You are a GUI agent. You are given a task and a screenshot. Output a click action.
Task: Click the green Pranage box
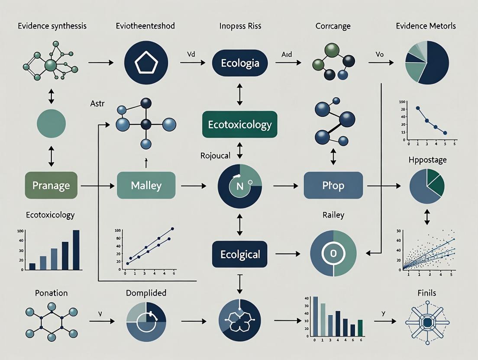(52, 186)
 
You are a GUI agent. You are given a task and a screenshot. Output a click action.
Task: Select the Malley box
(146, 186)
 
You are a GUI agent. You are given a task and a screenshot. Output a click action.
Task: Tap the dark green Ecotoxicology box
(239, 125)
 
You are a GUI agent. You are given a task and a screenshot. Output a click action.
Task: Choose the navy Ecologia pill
(240, 63)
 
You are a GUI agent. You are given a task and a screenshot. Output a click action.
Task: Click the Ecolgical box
(239, 254)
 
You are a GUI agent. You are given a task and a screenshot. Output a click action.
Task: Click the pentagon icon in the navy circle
(146, 63)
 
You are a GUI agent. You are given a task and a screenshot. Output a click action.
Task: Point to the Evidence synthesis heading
(52, 26)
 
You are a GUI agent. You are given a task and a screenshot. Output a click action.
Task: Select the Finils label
(427, 293)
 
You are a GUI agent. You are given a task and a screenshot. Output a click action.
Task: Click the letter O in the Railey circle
(333, 254)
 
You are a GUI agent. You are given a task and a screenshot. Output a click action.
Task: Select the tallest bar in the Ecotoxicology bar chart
(76, 250)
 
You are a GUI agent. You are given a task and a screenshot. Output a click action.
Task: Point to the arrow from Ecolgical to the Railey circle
(287, 254)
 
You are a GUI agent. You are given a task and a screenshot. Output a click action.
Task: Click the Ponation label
(51, 293)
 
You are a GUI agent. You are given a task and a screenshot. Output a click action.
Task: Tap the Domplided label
(146, 293)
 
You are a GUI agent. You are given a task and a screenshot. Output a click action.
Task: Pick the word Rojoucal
(215, 155)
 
